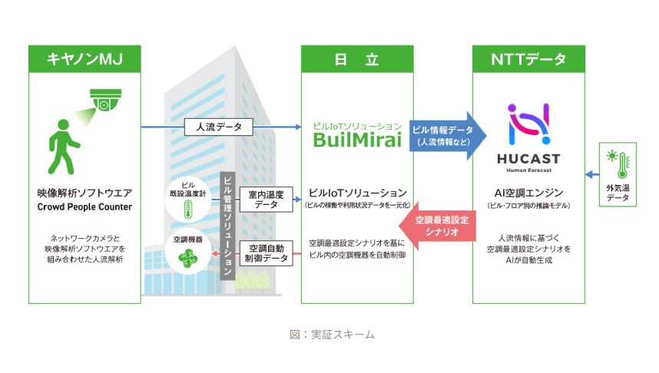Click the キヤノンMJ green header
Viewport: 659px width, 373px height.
click(85, 59)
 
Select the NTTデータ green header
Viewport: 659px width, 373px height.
click(528, 59)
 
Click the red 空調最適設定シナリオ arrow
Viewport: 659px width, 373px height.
click(440, 226)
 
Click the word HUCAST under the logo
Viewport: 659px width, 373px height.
click(528, 159)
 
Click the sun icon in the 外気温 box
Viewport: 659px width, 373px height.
click(612, 158)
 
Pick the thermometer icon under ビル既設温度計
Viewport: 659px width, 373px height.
click(187, 208)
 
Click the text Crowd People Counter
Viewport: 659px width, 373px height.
click(84, 207)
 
